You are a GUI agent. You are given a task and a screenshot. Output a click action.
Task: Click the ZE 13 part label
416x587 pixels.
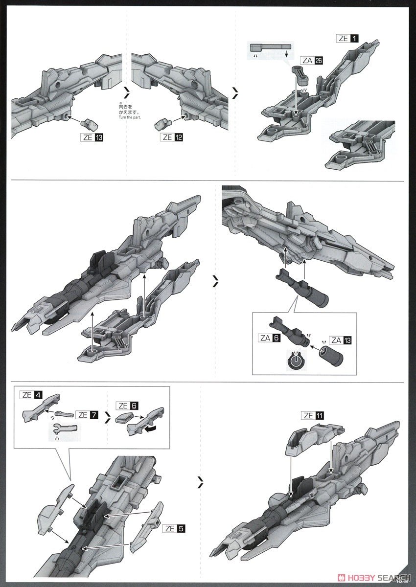click(x=91, y=137)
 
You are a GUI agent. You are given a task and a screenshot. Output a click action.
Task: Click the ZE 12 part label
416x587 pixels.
click(x=172, y=137)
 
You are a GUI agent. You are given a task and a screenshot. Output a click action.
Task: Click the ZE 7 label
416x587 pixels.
click(x=87, y=415)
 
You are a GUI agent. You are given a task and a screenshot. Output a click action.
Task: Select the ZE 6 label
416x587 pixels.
click(x=128, y=406)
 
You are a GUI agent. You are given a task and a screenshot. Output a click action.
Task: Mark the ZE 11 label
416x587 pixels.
click(x=313, y=416)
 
